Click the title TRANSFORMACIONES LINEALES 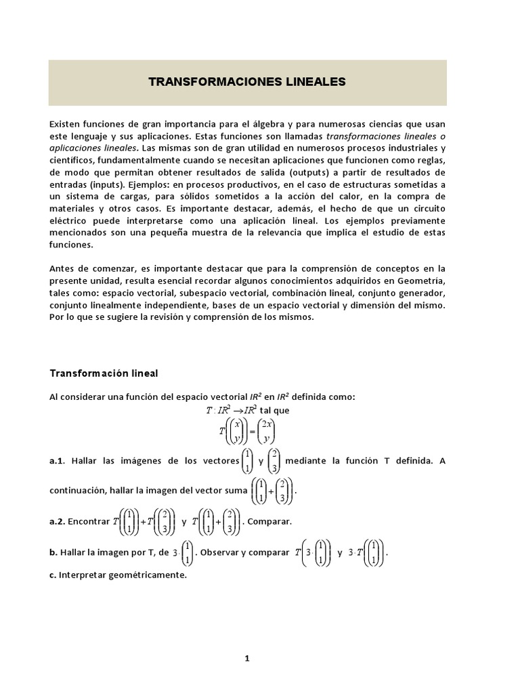pyautogui.click(x=247, y=82)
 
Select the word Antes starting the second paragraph pyautogui.click(x=63, y=268)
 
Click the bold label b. pyautogui.click(x=52, y=552)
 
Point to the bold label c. pyautogui.click(x=52, y=575)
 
